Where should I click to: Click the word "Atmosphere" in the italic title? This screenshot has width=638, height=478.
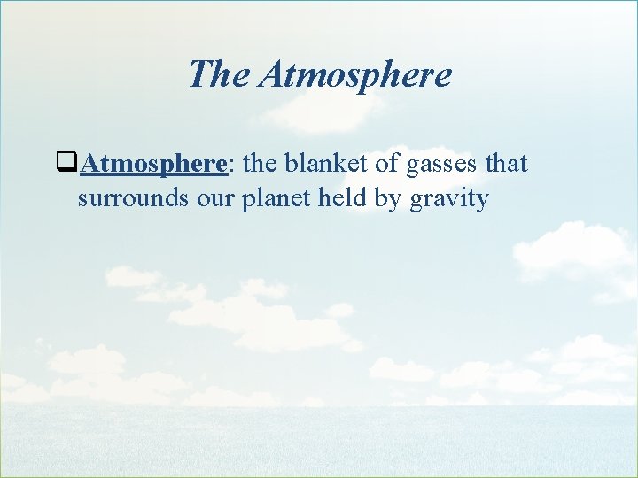pos(354,74)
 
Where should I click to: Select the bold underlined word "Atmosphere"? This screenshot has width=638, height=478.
pos(156,164)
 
